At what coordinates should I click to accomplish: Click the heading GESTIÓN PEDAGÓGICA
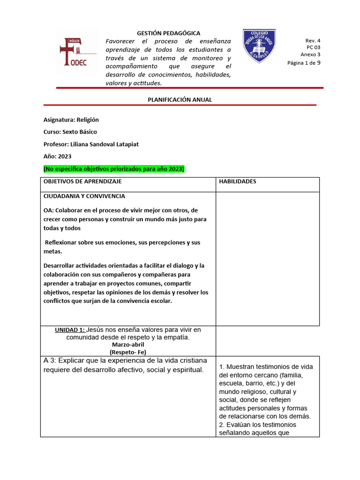(168, 33)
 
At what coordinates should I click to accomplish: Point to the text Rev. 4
(313, 41)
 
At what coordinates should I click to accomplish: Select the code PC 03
(313, 47)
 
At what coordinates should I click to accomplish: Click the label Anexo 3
(310, 54)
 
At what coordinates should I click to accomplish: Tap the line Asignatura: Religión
(71, 120)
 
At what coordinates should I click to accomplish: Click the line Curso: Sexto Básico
(70, 132)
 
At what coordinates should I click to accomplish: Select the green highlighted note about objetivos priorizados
(114, 169)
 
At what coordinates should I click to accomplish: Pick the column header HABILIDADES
(237, 181)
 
